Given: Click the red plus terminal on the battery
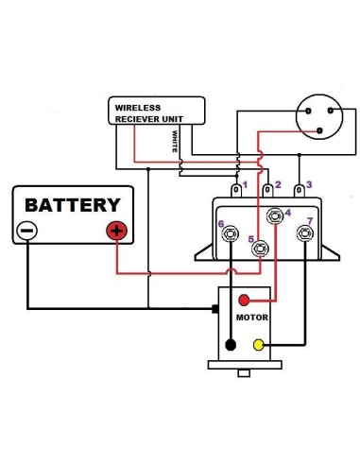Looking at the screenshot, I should coord(116,230).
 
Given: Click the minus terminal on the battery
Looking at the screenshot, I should coord(27,230).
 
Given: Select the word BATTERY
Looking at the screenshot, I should coord(72,204).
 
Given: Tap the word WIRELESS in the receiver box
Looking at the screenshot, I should coord(138,108).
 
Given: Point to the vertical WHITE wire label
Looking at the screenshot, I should coord(175,142).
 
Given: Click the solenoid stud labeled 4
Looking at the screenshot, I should coord(275,215).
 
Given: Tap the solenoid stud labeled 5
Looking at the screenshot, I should coord(260,248).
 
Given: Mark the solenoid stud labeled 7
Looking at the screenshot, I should coord(305,232).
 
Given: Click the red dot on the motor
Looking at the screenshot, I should coord(245,301).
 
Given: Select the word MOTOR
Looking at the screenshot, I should coord(253,319).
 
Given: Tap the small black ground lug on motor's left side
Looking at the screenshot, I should coord(215,308).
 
